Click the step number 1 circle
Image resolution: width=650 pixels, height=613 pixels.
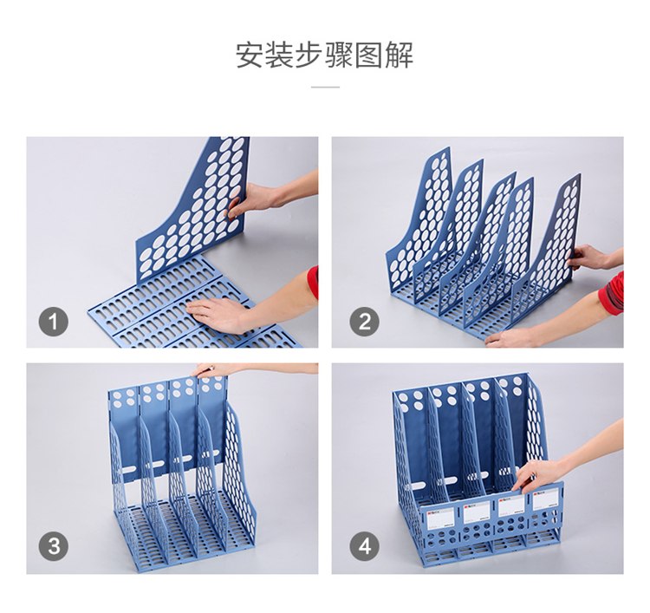pos(54,322)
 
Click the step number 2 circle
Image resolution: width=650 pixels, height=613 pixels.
pos(364,322)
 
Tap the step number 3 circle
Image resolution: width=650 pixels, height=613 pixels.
pos(54,546)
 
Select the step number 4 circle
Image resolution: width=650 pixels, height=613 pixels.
pos(364,546)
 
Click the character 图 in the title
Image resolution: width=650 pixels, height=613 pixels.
pos(369,55)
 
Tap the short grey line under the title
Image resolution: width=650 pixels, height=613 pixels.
pos(325,87)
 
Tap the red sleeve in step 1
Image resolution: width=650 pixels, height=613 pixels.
pos(313,283)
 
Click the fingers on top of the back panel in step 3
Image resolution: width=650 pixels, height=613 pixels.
pos(211,370)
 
